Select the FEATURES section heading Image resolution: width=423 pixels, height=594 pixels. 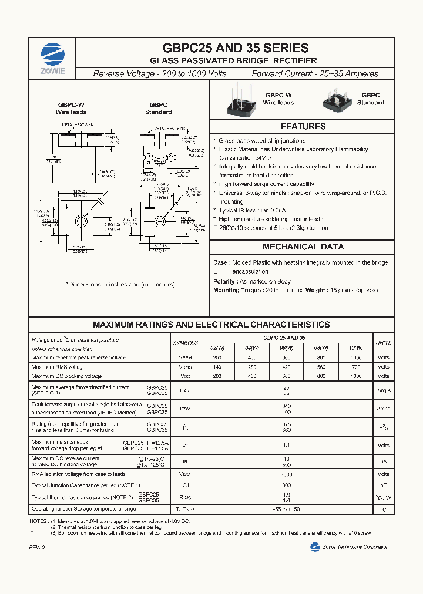(303, 126)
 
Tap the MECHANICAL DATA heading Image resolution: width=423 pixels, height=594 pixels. (303, 247)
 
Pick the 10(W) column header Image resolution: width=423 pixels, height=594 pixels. (356, 348)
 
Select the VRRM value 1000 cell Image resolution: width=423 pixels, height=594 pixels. (356, 357)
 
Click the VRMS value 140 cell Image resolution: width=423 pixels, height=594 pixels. (217, 367)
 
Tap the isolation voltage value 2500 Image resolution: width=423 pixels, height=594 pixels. (287, 474)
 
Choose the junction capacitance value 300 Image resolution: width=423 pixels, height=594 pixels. (287, 485)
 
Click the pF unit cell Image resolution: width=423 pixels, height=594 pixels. (383, 485)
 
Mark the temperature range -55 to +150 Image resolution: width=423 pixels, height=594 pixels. (287, 509)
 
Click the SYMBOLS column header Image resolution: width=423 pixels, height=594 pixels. (186, 343)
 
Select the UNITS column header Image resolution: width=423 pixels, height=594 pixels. (383, 343)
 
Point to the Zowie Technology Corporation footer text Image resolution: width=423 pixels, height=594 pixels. (355, 547)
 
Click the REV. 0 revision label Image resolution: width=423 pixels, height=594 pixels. (36, 547)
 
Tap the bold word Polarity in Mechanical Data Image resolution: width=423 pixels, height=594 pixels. (224, 281)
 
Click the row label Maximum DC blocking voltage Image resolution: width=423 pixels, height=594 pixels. (67, 376)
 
